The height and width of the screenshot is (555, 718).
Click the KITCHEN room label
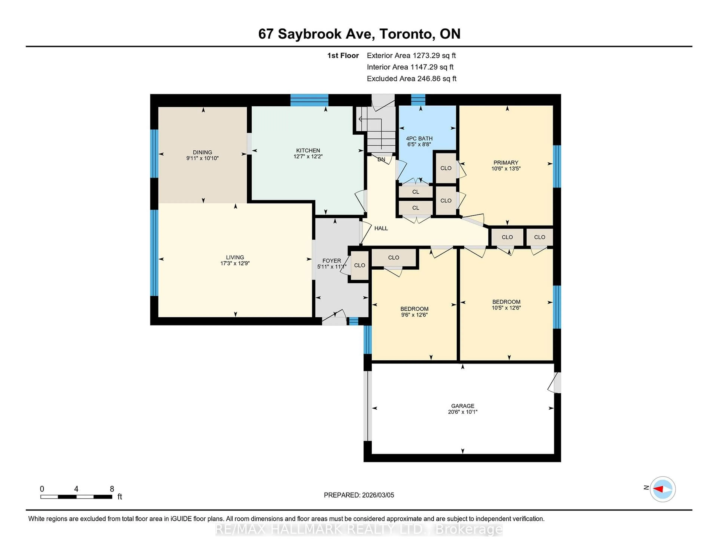(x=308, y=151)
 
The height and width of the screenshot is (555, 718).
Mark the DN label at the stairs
(x=381, y=160)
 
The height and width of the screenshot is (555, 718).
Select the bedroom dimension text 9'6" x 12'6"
(x=414, y=315)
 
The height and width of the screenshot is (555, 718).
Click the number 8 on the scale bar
(x=112, y=489)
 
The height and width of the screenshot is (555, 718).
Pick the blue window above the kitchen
(x=309, y=100)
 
